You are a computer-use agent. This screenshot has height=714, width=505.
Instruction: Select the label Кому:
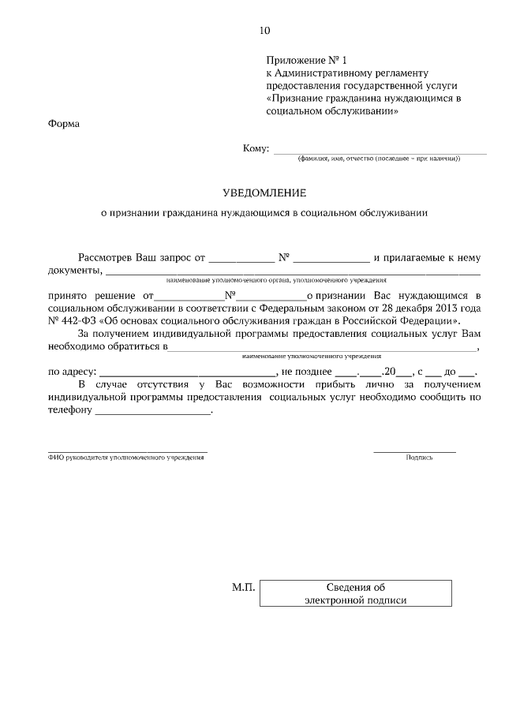[x=256, y=148]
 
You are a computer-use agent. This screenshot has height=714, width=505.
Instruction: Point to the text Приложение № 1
[x=307, y=60]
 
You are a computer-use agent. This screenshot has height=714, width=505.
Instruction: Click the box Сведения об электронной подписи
[x=356, y=593]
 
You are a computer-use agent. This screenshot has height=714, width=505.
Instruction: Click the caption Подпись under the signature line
[x=419, y=458]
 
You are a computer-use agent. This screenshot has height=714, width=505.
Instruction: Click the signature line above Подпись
[x=414, y=451]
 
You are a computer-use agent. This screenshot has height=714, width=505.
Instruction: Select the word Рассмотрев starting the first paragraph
[x=107, y=257]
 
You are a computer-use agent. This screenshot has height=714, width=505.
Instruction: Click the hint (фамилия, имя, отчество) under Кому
[x=379, y=159]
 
